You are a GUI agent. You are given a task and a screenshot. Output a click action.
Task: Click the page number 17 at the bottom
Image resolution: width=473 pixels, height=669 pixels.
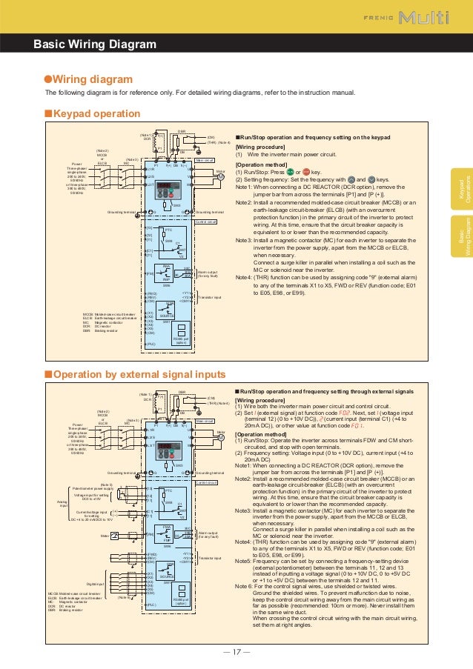[236, 651]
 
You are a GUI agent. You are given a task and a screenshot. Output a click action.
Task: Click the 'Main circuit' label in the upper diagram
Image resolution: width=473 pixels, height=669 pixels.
[205, 159]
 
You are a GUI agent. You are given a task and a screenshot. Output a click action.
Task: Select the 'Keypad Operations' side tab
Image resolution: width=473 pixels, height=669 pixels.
[463, 190]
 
